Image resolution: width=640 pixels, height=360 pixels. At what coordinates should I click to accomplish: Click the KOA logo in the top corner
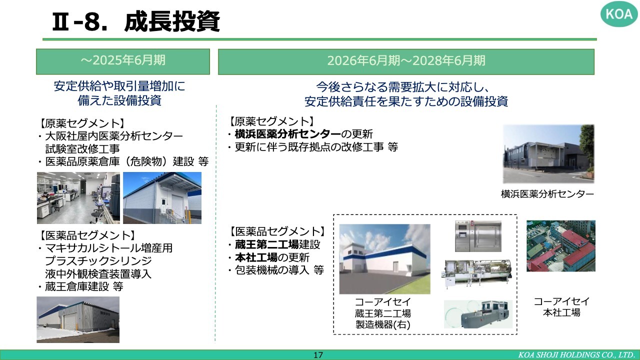(619, 14)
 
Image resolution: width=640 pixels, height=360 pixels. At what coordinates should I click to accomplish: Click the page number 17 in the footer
(318, 355)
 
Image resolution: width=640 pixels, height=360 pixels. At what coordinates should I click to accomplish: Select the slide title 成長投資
(172, 21)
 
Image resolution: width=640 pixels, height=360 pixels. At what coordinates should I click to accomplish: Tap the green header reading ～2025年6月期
(123, 61)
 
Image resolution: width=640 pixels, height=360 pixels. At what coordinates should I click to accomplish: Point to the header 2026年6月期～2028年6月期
(406, 61)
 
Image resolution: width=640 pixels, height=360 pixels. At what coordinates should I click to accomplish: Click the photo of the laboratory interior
(78, 197)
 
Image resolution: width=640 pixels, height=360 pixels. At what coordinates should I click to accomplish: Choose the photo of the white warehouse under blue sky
(162, 197)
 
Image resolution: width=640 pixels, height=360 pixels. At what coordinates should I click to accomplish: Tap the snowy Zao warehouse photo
(78, 319)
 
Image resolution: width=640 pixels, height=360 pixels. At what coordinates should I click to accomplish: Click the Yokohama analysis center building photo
(548, 153)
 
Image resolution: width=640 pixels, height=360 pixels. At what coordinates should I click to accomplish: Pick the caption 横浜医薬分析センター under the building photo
(547, 194)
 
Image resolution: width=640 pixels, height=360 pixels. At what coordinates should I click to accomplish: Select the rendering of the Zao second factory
(384, 259)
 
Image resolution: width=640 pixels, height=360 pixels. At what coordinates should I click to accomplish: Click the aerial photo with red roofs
(561, 245)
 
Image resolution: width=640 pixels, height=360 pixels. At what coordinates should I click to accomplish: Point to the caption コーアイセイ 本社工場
(561, 307)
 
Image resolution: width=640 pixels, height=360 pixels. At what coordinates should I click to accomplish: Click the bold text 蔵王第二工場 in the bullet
(267, 244)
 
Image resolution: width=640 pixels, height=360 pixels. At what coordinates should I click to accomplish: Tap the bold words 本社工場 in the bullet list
(256, 257)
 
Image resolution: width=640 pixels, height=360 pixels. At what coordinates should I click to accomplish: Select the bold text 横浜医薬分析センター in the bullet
(287, 133)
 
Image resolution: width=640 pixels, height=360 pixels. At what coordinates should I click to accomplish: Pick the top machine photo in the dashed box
(478, 236)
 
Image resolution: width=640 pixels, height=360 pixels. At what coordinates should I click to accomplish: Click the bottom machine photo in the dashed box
(478, 314)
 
